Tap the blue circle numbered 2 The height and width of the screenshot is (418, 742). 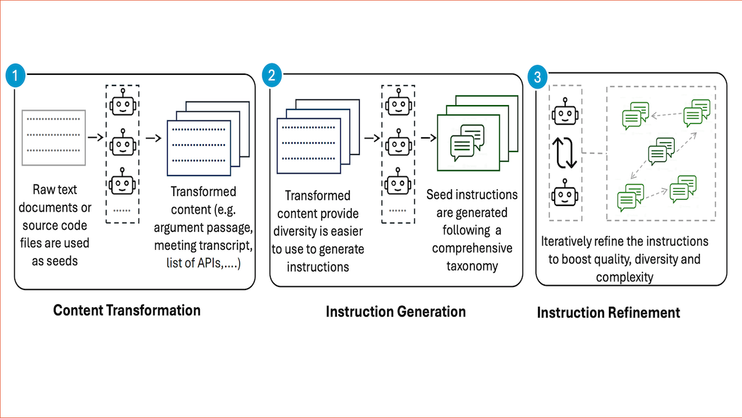tap(271, 76)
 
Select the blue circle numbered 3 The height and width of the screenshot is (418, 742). tap(537, 77)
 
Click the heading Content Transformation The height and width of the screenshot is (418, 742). tap(127, 310)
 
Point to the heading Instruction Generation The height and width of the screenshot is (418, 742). tap(396, 311)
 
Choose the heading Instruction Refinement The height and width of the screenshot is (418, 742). tap(608, 312)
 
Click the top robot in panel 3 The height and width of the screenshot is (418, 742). tap(563, 113)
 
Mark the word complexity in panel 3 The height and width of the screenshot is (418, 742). tap(624, 277)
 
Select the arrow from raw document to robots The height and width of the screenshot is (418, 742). tap(95, 137)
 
